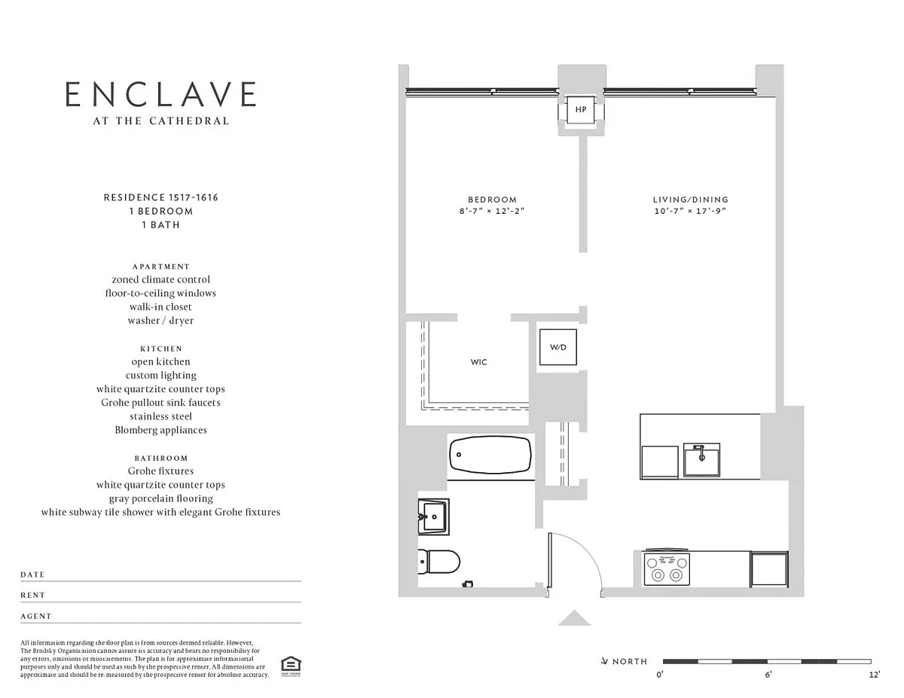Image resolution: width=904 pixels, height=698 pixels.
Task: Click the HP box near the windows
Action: click(x=581, y=109)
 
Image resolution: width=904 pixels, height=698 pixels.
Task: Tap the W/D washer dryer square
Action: click(x=558, y=347)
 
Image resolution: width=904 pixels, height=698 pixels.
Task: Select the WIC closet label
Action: click(x=478, y=362)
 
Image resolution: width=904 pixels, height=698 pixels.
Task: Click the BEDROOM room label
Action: click(x=492, y=200)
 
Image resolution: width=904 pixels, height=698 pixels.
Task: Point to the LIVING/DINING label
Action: click(x=691, y=200)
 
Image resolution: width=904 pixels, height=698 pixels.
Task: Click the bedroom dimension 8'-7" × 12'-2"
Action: click(x=492, y=211)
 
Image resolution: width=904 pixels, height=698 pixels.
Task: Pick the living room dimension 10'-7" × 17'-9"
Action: click(x=691, y=211)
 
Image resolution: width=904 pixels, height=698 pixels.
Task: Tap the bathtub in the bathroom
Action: click(x=490, y=455)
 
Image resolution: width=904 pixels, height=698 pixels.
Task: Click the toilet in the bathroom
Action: click(x=438, y=562)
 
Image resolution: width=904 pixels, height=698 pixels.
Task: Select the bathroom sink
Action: click(x=433, y=517)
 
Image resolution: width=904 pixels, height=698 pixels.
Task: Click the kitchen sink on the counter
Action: click(x=702, y=460)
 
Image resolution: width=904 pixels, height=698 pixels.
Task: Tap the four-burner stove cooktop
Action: click(x=667, y=568)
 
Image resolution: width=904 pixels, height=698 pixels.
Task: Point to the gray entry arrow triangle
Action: click(x=575, y=618)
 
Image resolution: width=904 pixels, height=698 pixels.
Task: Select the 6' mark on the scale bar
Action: click(x=768, y=675)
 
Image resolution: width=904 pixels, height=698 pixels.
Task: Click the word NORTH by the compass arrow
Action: click(x=630, y=661)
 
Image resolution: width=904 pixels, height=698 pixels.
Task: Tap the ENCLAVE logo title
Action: click(x=160, y=94)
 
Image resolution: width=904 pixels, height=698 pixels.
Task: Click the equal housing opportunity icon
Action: click(x=291, y=666)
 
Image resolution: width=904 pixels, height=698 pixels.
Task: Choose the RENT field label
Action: click(x=33, y=595)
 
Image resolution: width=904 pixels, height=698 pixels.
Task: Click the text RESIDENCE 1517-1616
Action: click(x=161, y=197)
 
